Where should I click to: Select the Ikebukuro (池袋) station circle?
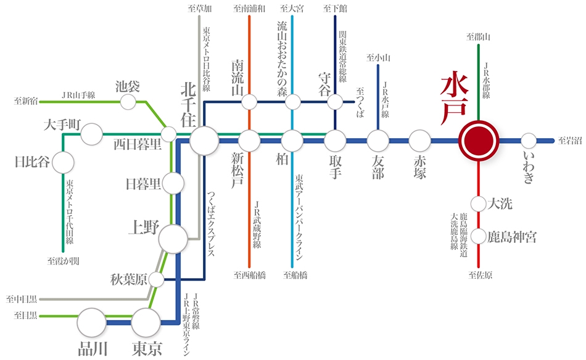128,102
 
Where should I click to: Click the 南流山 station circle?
249,102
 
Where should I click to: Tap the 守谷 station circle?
335,102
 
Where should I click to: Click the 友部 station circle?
378,141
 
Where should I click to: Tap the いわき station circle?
529,141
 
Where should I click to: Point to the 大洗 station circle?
478,203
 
